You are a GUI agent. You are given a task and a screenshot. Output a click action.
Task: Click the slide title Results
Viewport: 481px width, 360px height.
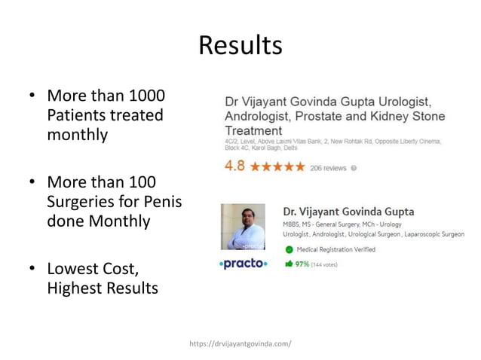240,46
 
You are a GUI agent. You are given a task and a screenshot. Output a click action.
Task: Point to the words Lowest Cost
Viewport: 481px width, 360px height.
93,268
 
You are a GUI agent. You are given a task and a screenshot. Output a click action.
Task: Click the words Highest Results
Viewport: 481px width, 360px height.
103,288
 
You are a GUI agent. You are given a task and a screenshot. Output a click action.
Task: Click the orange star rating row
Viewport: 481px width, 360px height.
277,167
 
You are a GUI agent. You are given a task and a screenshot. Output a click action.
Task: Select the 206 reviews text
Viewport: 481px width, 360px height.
328,168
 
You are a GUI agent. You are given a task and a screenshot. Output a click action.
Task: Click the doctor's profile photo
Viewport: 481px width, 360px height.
243,227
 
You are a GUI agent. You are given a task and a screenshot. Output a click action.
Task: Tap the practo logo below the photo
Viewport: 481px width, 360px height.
243,264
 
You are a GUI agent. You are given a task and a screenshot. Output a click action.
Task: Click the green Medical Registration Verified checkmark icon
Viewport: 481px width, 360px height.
289,249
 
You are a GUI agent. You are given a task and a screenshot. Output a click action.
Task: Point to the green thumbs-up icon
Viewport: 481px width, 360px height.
289,264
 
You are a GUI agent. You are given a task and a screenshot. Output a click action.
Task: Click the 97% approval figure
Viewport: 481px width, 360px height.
302,264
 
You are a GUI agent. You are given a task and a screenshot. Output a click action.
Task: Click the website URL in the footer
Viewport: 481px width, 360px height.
240,343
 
